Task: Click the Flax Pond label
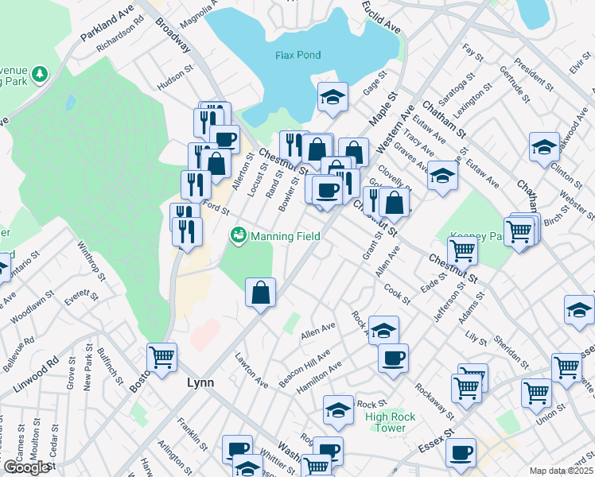pyautogui.click(x=297, y=56)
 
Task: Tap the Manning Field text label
pyautogui.click(x=286, y=236)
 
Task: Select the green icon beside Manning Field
pyautogui.click(x=237, y=236)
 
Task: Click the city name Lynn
pyautogui.click(x=201, y=382)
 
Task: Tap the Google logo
pyautogui.click(x=25, y=467)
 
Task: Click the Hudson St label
pyautogui.click(x=175, y=78)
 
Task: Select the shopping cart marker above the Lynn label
pyautogui.click(x=162, y=357)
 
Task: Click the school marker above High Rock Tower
pyautogui.click(x=338, y=409)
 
